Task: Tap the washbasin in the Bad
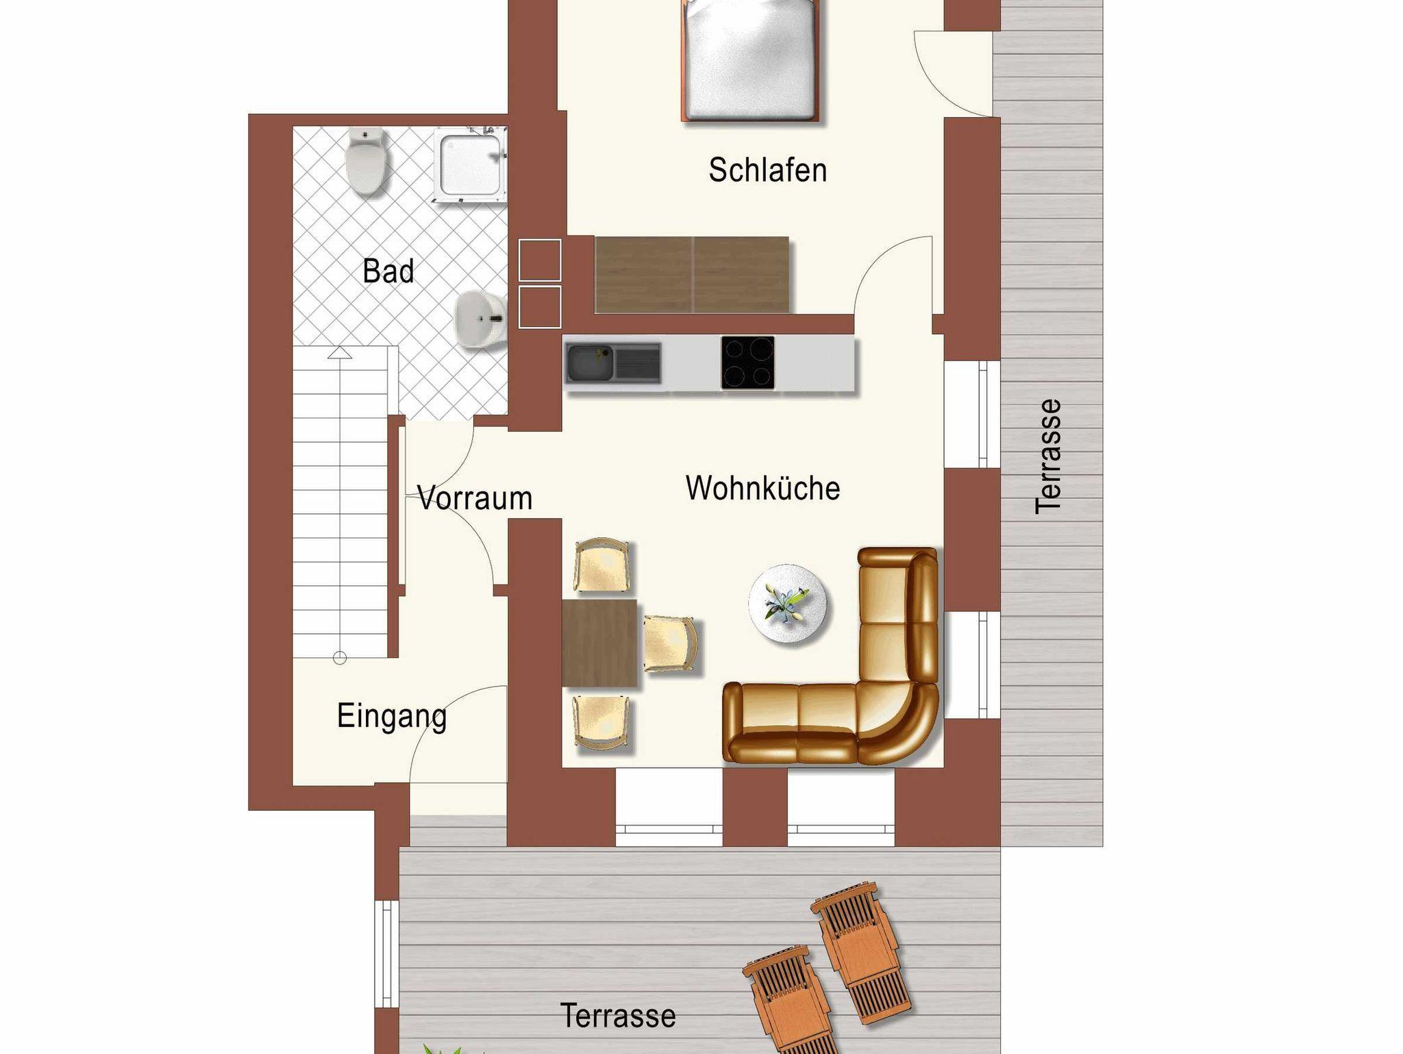pos(480,319)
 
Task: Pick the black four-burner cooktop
pos(747,363)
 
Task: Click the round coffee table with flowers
pos(787,604)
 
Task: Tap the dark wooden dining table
pos(599,643)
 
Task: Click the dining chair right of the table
pos(671,644)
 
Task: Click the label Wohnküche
pos(762,488)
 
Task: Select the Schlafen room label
pos(767,170)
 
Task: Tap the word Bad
pos(388,271)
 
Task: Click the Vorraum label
pos(475,498)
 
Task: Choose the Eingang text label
pos(392,717)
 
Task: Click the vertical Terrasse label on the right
pos(1048,456)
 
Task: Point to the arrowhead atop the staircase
pos(340,353)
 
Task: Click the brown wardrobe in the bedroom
pos(692,275)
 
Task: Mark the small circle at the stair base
pos(340,659)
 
